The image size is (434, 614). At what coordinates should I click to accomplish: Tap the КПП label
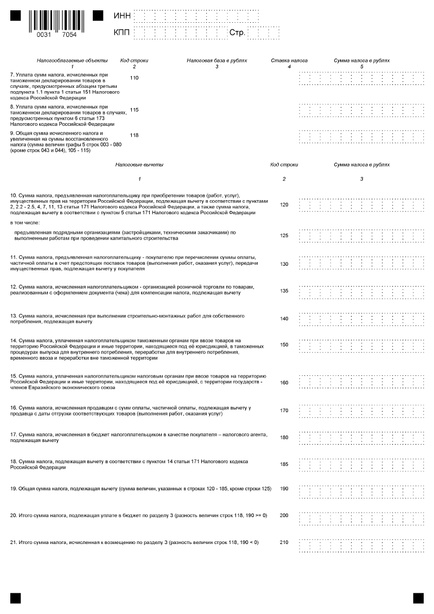(122, 33)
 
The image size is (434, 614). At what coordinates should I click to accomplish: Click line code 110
(135, 78)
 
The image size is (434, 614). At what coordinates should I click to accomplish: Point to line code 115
(135, 110)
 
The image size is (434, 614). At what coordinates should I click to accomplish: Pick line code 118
(135, 135)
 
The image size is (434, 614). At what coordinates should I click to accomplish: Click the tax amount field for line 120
(362, 204)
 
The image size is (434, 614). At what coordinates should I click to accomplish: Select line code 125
(284, 236)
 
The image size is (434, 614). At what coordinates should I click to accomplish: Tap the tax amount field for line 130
(362, 264)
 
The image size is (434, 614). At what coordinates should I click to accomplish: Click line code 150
(284, 344)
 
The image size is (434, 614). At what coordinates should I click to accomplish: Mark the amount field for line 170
(362, 410)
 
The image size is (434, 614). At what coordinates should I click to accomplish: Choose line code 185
(284, 464)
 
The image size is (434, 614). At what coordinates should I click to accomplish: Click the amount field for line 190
(362, 489)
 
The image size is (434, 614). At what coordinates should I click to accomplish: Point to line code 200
(284, 515)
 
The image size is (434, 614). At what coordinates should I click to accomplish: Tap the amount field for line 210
(362, 542)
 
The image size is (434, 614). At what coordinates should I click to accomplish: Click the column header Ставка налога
(289, 61)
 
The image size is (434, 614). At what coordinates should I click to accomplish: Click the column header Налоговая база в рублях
(216, 61)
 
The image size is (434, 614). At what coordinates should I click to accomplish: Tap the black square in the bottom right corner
(418, 598)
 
